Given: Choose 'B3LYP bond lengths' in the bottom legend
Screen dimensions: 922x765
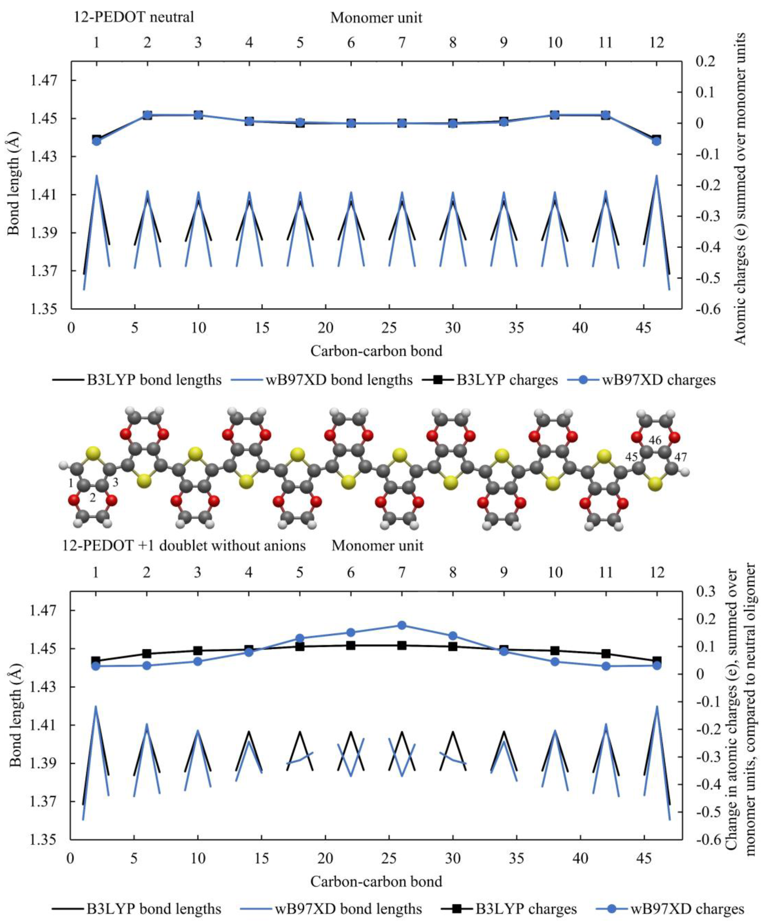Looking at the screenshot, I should [137, 909].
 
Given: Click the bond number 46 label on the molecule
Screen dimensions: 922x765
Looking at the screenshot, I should [655, 441].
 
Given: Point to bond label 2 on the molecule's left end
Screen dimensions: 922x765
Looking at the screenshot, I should [93, 498].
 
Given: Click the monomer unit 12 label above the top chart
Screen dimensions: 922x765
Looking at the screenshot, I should [657, 43].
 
